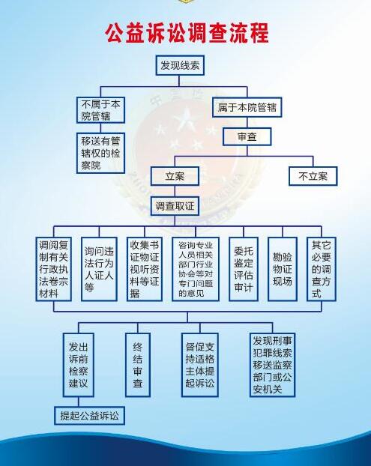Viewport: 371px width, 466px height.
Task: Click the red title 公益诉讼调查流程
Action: (x=187, y=33)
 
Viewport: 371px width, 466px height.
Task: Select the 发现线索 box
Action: (x=180, y=65)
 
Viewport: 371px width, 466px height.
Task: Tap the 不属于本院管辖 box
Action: (x=100, y=110)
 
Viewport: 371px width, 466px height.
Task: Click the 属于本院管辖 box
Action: (x=247, y=107)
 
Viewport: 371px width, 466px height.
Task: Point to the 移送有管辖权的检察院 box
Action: (x=100, y=153)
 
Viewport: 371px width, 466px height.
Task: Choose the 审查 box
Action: (x=247, y=136)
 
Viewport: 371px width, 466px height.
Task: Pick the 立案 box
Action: (x=175, y=177)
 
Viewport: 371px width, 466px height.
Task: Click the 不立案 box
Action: (x=313, y=177)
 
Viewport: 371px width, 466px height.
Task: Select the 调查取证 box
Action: (x=175, y=206)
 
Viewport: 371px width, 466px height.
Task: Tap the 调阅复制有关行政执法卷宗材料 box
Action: (x=53, y=269)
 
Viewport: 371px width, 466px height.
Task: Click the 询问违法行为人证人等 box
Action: (x=99, y=269)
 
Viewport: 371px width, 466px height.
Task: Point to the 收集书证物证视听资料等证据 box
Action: (x=145, y=269)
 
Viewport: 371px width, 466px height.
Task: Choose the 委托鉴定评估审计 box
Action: (x=244, y=269)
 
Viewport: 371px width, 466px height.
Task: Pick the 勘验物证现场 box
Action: (x=283, y=269)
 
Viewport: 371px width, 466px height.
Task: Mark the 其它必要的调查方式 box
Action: (x=322, y=269)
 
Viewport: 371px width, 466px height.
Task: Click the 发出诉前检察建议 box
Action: (x=79, y=365)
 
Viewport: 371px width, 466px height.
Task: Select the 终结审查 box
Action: (x=138, y=365)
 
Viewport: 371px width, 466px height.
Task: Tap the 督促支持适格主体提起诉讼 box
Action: (x=200, y=365)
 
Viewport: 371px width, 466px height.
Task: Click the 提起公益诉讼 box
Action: (x=89, y=416)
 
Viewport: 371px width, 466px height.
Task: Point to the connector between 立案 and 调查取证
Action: (x=175, y=191)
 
